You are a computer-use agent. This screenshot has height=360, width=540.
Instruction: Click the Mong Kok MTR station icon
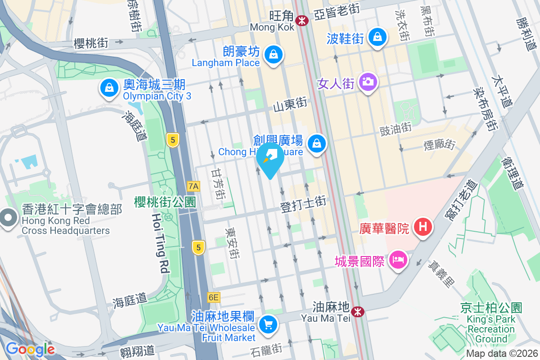[301, 20]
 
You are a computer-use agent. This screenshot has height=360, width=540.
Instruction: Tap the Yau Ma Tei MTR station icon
[358, 311]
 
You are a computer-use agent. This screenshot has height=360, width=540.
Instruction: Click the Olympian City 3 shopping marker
[109, 88]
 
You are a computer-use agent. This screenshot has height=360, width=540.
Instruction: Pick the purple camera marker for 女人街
[368, 82]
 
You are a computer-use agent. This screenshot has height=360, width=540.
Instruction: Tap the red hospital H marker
[423, 226]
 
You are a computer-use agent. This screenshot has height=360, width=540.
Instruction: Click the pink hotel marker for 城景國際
[398, 260]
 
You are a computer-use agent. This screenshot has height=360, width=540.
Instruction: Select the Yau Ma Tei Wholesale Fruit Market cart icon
[269, 324]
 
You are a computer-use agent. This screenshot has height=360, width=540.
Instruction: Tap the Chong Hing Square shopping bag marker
[317, 144]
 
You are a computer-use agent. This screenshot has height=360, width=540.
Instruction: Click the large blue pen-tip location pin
[270, 158]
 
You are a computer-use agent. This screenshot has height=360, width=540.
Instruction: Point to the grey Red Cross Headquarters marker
[8, 219]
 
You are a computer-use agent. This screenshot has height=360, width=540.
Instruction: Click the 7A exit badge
[193, 185]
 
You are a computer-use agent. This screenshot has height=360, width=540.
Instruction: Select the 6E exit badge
[213, 297]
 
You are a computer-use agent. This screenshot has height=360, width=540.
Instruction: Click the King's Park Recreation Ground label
[491, 323]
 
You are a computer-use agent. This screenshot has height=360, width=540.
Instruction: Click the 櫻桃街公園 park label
[165, 202]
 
